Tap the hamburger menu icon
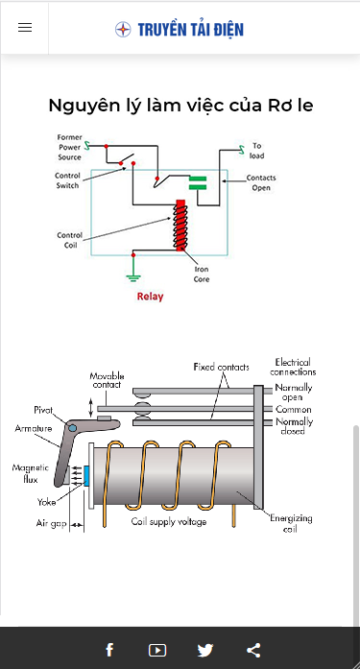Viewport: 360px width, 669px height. coord(25,28)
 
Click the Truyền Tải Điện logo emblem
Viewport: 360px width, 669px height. coord(123,30)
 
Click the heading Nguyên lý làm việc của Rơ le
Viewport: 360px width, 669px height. coord(180,106)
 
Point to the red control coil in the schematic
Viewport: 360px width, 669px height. coord(180,225)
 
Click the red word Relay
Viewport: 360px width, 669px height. coord(150,296)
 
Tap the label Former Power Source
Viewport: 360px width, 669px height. coord(69,147)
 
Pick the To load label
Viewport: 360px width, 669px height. coord(256,151)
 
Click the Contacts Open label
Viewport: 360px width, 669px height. coord(261,182)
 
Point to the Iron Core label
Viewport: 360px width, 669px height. coord(202,274)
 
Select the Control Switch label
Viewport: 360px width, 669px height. coord(67,180)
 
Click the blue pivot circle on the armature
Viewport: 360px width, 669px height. coord(73,428)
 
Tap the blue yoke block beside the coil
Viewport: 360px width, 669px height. coord(86,476)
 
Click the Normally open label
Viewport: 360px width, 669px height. coord(294,393)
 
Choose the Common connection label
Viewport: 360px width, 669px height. coord(294,410)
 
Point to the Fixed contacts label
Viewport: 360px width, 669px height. coord(222,367)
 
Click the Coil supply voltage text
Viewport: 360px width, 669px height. coord(169,522)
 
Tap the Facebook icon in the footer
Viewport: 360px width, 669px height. coord(109,650)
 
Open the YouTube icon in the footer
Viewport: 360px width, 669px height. coord(157,650)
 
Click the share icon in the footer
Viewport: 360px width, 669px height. coord(253,650)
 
